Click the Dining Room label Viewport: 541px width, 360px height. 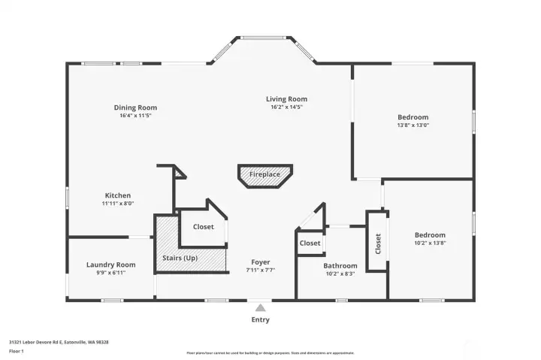[135, 107]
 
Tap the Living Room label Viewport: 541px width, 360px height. [286, 98]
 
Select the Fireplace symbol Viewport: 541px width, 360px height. [264, 174]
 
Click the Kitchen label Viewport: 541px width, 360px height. [117, 195]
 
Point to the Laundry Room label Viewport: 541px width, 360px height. [110, 265]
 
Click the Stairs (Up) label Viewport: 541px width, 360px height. [180, 259]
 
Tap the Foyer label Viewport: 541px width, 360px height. [260, 262]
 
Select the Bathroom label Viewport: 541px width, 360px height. [340, 266]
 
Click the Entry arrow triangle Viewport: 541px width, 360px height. [260, 307]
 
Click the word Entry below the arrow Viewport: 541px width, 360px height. [260, 319]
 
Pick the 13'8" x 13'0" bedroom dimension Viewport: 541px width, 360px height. [413, 125]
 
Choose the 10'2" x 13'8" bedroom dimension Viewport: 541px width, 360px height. [430, 243]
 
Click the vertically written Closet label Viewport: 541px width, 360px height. [378, 244]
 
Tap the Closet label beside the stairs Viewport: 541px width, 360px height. [203, 226]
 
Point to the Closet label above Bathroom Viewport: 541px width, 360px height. [310, 243]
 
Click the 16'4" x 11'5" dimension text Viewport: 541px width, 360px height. [135, 116]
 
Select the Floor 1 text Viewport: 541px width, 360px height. [17, 351]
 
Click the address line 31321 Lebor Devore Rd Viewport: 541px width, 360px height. [59, 342]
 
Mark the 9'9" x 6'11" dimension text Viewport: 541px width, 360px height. [110, 272]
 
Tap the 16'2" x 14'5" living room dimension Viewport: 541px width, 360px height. [286, 107]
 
